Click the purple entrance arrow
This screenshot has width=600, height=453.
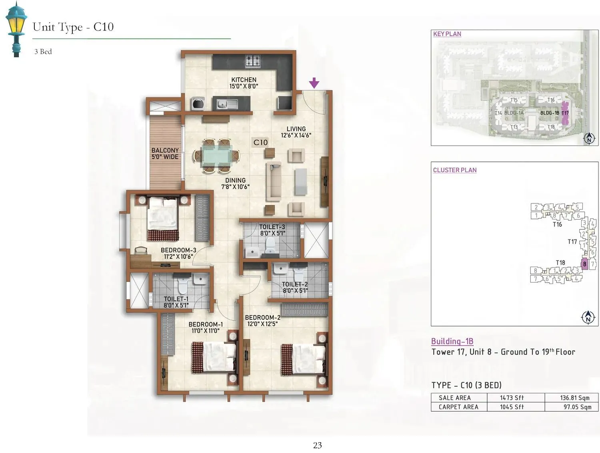[x=314, y=83]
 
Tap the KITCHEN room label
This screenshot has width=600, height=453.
[x=244, y=80]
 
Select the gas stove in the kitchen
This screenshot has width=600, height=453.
[x=252, y=61]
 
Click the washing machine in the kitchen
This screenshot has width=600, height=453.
[x=198, y=104]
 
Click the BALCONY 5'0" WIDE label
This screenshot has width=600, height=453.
[x=165, y=153]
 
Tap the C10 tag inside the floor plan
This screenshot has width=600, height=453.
[x=260, y=142]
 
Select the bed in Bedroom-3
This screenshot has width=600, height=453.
[x=162, y=219]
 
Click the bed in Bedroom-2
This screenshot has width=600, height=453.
[x=303, y=359]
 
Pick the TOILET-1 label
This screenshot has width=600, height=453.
[x=176, y=299]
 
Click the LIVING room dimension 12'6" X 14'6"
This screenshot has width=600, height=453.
[x=296, y=135]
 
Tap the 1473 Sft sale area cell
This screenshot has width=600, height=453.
[x=512, y=398]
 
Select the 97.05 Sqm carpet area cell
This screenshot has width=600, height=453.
[x=577, y=407]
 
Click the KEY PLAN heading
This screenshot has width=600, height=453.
[x=447, y=34]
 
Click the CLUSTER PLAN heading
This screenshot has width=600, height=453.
[x=454, y=170]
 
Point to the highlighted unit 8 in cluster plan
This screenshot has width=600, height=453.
[x=584, y=264]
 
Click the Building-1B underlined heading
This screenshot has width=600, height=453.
[x=452, y=341]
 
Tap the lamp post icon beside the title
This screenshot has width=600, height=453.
[x=16, y=29]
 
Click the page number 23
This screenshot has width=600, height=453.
[x=317, y=445]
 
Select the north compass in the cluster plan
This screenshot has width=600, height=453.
[x=588, y=317]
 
